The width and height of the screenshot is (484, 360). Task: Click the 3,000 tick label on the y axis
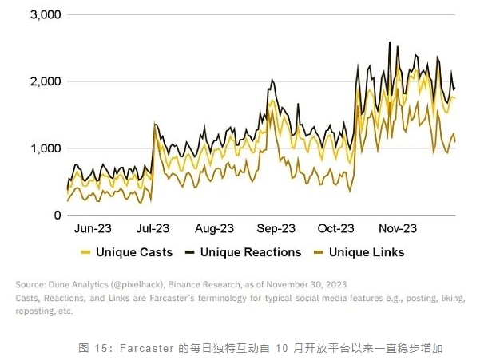38,15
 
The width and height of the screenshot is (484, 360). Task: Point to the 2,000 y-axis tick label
38,82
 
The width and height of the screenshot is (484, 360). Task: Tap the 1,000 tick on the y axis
38,148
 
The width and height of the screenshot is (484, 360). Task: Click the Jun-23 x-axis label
93,228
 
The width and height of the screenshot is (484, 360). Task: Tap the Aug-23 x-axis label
214,228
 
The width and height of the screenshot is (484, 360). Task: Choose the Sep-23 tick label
275,228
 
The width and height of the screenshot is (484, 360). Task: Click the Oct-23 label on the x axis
335,228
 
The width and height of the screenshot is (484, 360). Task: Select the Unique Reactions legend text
251,253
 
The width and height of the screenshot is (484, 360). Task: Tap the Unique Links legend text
367,253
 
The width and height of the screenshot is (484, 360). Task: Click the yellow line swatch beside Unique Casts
85,253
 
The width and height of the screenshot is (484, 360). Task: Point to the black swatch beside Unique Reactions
189,253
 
